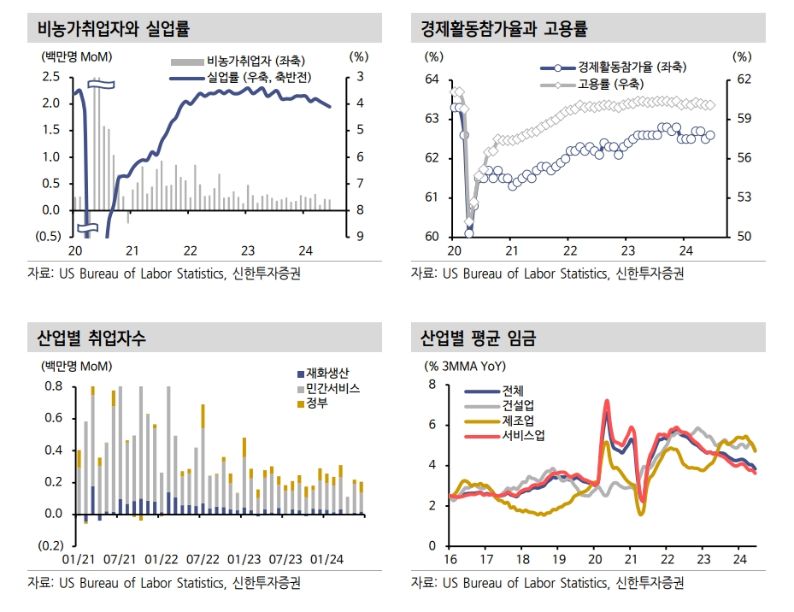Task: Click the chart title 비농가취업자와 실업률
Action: [113, 29]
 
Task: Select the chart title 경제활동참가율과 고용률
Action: [503, 29]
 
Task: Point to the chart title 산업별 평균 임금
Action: [477, 338]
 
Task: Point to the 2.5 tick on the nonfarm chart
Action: [50, 77]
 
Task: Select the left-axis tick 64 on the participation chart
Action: [432, 79]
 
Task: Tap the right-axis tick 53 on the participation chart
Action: [744, 197]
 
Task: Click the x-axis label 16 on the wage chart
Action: [451, 560]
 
